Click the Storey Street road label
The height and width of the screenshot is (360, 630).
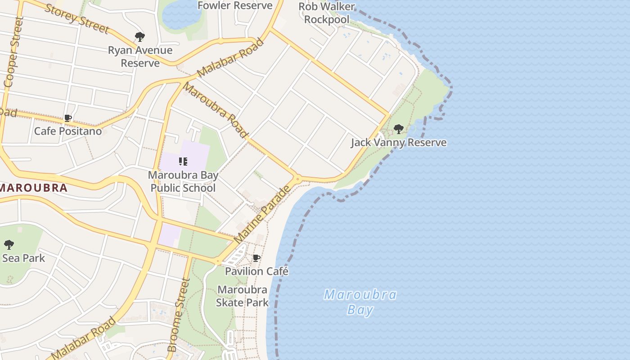coord(77,19)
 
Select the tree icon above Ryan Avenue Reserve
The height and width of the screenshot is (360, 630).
coord(140,37)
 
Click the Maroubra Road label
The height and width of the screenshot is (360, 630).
coord(216,110)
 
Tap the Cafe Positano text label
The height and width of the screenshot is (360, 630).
coord(68,131)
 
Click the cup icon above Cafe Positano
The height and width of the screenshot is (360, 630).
coord(68,118)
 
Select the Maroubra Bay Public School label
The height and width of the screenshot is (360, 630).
coord(183,181)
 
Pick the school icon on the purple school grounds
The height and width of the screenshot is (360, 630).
coord(183,161)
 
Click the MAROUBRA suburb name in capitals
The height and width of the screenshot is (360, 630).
coord(34,188)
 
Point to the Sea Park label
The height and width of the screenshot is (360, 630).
coord(23,258)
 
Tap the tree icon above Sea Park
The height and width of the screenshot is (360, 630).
coord(9,245)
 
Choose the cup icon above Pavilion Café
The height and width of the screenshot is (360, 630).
coord(256,258)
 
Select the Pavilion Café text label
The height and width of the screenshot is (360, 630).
coord(256,271)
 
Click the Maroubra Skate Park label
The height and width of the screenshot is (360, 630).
coord(242,296)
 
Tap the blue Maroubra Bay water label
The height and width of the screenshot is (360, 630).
coord(360,302)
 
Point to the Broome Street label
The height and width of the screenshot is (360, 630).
coord(179,315)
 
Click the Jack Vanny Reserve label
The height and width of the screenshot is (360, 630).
coord(399,143)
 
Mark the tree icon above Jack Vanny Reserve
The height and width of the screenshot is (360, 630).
coord(398,130)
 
